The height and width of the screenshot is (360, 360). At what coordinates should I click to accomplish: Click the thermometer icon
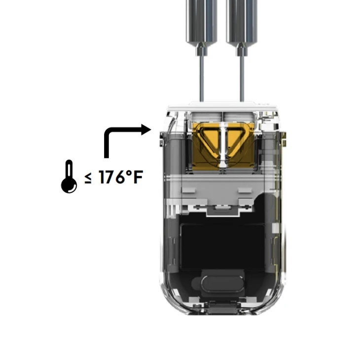point(69,177)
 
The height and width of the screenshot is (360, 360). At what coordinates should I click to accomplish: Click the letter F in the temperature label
point(138,177)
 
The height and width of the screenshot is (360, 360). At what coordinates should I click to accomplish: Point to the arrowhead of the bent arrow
point(146,130)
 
